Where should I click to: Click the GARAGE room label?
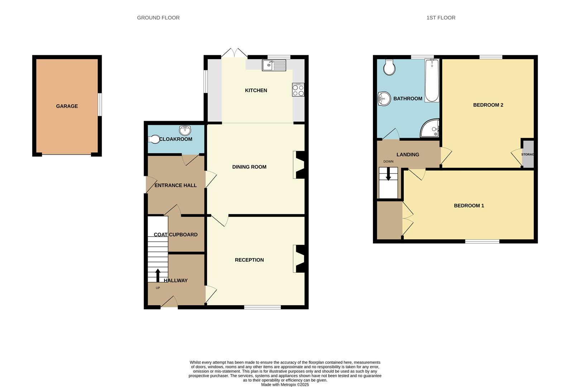(x=67, y=106)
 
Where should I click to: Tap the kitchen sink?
(x=274, y=65)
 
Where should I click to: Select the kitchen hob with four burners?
(x=298, y=90)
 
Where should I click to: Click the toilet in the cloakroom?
(x=154, y=139)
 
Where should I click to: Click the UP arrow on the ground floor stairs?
(x=158, y=275)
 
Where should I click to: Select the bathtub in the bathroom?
(x=432, y=81)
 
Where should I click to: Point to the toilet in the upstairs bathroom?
(x=389, y=67)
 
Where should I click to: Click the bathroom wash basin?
(x=384, y=99)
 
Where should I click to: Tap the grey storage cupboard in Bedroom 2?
(x=528, y=154)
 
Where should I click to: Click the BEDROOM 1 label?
(x=469, y=206)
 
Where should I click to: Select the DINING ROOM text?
(x=249, y=167)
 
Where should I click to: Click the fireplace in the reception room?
(x=299, y=259)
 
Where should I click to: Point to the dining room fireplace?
(x=299, y=165)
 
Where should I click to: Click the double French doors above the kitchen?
(x=234, y=53)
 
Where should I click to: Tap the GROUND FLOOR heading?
(x=158, y=18)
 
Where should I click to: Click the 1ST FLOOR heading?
(x=441, y=18)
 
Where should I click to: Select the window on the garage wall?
(x=100, y=105)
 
